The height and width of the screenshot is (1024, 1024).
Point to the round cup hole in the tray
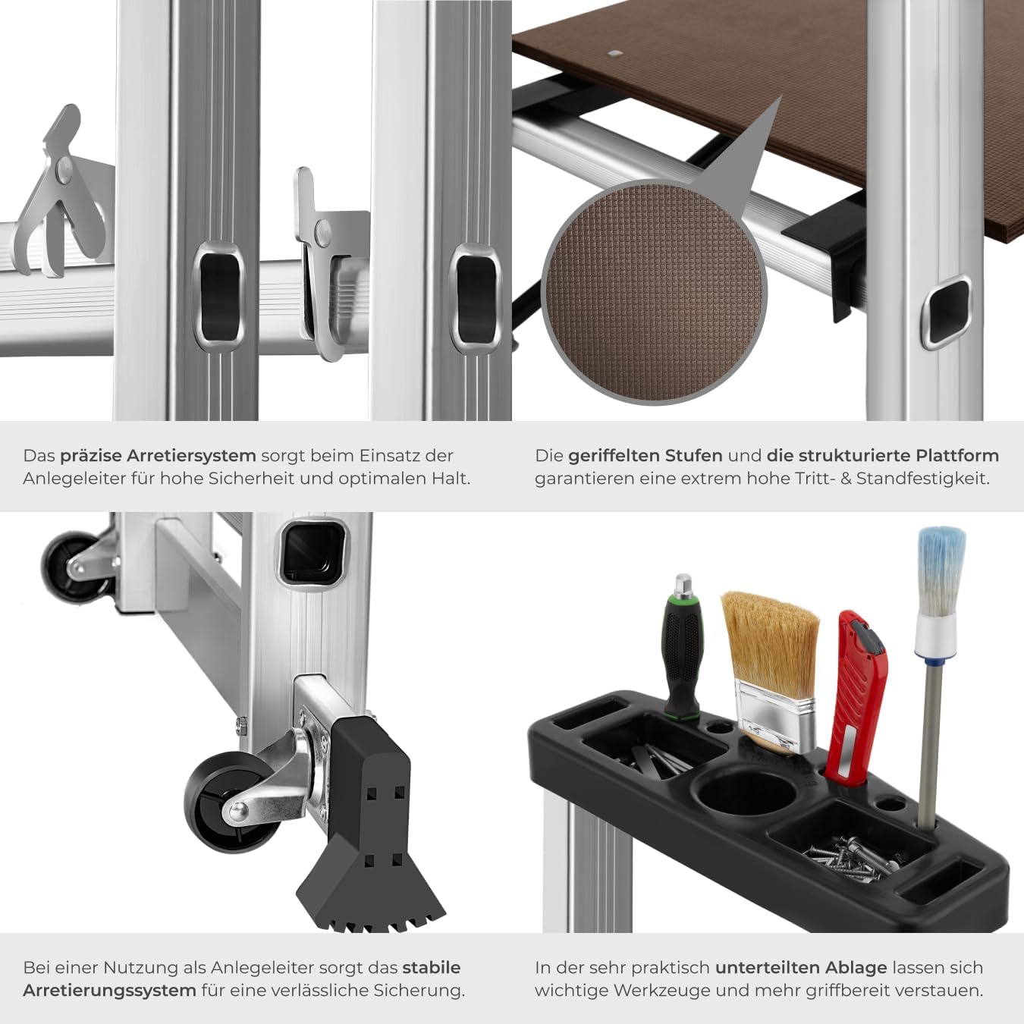(746, 793)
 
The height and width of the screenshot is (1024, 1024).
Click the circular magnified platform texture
(654, 292)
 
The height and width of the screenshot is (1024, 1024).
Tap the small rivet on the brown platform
(615, 55)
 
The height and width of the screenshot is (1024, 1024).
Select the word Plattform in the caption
(957, 456)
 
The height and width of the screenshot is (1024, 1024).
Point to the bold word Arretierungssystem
(109, 991)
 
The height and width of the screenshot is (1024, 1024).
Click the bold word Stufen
(693, 456)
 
